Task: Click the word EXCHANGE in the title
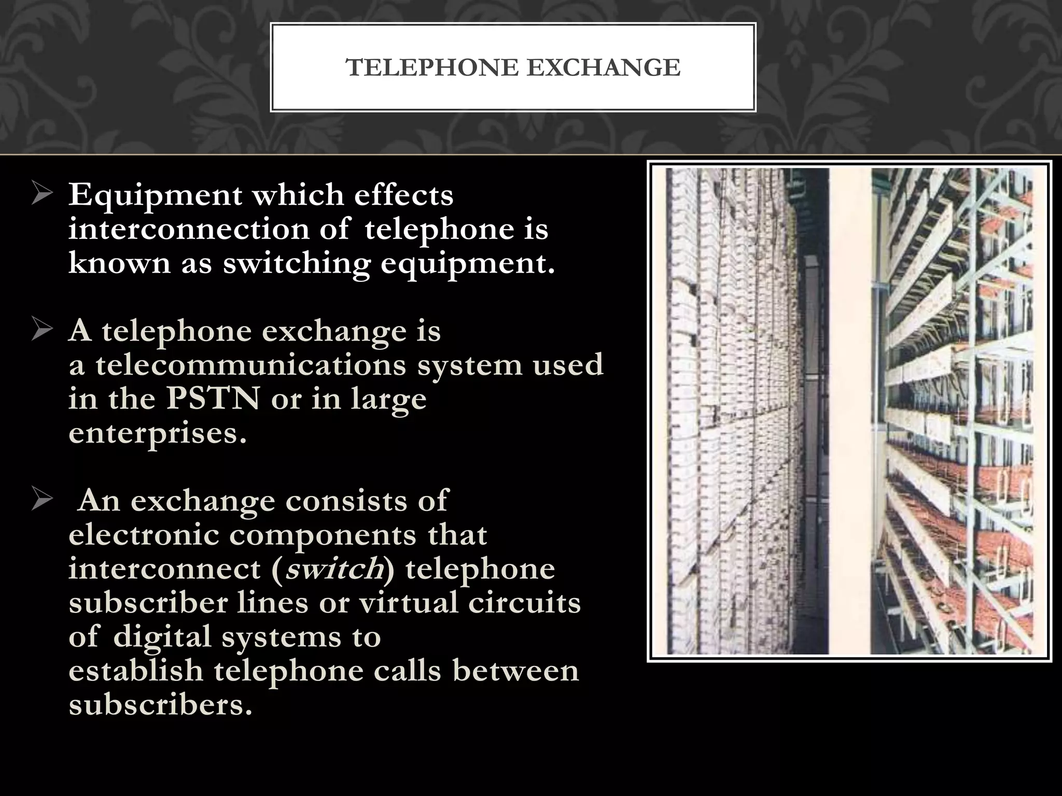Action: pyautogui.click(x=604, y=68)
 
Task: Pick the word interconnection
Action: pyautogui.click(x=189, y=229)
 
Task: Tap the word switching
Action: pyautogui.click(x=297, y=264)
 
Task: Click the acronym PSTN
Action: pyautogui.click(x=213, y=399)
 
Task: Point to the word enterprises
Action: pyautogui.click(x=158, y=433)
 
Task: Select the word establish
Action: pyautogui.click(x=135, y=671)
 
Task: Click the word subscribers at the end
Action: pyautogui.click(x=160, y=705)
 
